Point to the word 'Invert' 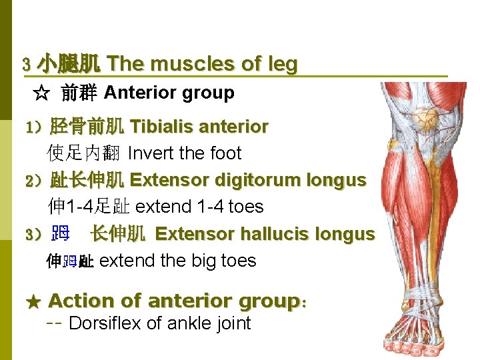coord(147,153)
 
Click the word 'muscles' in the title coord(181,64)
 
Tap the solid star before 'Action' coord(33,302)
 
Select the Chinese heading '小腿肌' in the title coord(69,65)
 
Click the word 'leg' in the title coord(282,65)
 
